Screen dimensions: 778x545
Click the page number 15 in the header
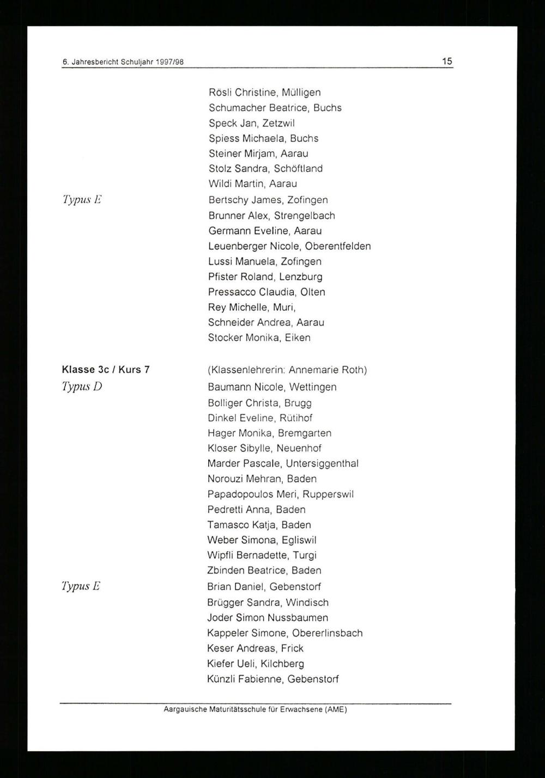[447, 62]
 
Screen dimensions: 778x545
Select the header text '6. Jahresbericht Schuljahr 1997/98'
[123, 63]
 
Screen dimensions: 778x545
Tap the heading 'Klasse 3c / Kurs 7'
[106, 370]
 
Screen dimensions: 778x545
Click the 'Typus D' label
[82, 387]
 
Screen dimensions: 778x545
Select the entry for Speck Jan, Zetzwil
[251, 123]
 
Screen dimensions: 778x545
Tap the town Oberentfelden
[338, 246]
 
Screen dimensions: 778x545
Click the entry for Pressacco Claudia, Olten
[267, 292]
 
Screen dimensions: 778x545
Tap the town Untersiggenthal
[322, 464]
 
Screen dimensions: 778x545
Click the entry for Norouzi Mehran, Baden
[262, 479]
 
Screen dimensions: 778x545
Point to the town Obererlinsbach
[327, 633]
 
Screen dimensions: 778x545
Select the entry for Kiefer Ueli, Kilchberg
[255, 664]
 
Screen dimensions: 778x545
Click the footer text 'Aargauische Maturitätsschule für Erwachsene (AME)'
[255, 710]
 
